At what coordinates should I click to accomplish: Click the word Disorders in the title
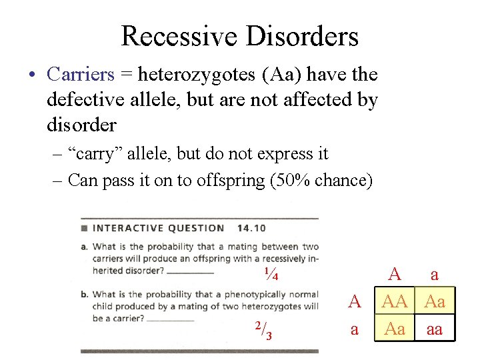(x=303, y=36)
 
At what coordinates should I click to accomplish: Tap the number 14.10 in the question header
(x=251, y=228)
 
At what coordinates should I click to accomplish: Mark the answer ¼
(x=271, y=274)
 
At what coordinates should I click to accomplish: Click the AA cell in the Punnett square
(x=395, y=301)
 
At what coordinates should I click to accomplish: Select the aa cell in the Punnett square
(x=435, y=329)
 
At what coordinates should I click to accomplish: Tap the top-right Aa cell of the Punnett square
(x=435, y=301)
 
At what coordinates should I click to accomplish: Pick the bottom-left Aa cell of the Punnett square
(x=395, y=329)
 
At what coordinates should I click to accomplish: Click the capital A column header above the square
(x=395, y=274)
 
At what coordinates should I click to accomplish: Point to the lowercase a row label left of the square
(x=355, y=329)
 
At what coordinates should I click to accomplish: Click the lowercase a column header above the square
(x=435, y=275)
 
